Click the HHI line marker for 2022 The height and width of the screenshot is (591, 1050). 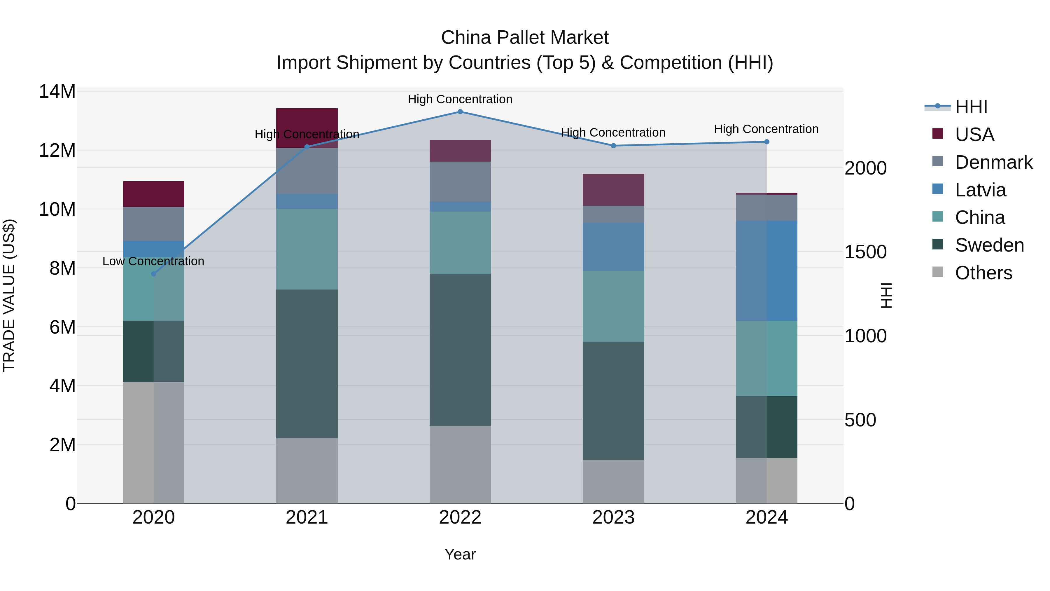460,112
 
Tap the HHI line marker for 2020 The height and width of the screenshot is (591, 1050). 154,274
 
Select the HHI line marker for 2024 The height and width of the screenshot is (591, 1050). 767,142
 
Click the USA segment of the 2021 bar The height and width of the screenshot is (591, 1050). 307,128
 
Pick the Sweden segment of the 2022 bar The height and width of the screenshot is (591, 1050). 460,350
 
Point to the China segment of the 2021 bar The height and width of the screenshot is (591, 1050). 307,249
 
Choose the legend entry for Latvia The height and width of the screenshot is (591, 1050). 980,190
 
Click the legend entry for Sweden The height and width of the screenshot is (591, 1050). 989,245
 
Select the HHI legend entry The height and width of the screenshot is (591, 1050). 971,107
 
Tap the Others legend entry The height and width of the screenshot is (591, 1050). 983,273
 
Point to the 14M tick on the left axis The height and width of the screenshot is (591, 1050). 57,91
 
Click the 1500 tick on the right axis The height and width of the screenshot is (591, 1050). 865,252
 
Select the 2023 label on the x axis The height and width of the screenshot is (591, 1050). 613,517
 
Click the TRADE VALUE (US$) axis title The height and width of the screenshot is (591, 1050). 9,295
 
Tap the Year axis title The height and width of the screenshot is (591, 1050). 460,554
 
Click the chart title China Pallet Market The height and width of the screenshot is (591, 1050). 525,38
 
